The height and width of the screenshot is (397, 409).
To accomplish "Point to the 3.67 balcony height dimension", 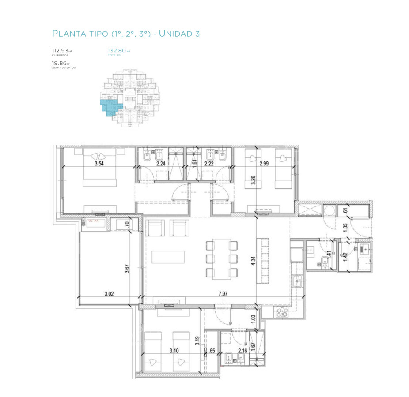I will click(x=126, y=269).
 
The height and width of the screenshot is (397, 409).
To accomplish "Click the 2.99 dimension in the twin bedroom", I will click(x=264, y=163).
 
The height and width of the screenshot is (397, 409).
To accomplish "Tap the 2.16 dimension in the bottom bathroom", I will click(x=242, y=351).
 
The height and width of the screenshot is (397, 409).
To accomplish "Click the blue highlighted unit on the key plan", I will click(x=110, y=108).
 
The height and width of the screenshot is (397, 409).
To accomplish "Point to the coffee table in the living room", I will click(x=168, y=257).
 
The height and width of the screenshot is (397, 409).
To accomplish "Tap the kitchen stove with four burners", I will click(x=281, y=313).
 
